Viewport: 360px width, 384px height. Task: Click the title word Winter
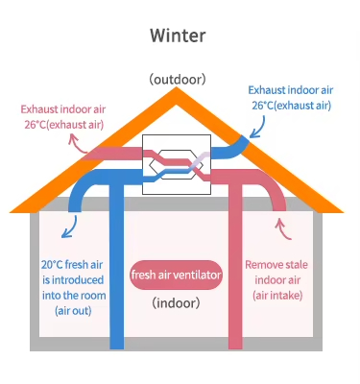179,36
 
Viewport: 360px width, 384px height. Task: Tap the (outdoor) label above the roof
180,79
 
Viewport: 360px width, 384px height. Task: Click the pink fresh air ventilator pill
177,276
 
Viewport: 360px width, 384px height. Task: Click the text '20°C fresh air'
70,263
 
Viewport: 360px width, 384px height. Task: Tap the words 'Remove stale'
276,264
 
